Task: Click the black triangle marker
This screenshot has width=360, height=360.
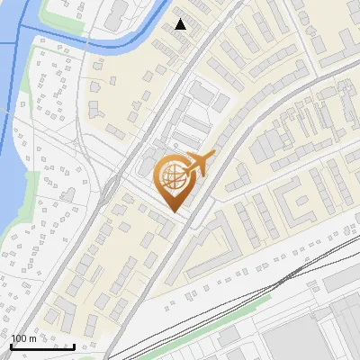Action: [x=181, y=24]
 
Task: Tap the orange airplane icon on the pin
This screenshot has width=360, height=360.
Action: [x=195, y=166]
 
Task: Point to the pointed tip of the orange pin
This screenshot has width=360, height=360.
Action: [x=174, y=212]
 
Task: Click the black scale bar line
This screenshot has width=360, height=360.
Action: [x=42, y=346]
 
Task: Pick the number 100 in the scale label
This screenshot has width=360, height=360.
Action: [x=19, y=338]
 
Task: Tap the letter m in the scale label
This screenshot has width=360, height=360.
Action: [x=32, y=339]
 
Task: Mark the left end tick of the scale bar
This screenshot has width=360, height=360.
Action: [x=12, y=345]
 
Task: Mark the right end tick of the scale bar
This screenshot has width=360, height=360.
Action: [x=74, y=345]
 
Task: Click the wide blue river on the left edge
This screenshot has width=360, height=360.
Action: [x=9, y=135]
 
